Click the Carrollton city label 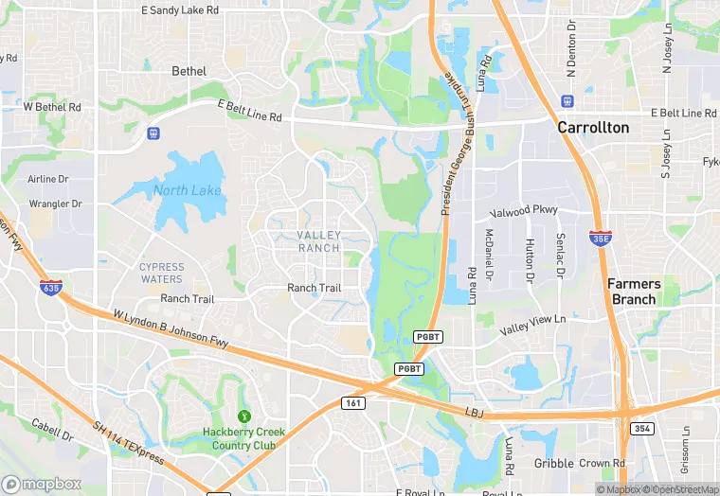click(592, 127)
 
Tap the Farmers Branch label click(633, 292)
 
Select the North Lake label click(187, 191)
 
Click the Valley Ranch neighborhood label click(318, 241)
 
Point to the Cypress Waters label click(161, 273)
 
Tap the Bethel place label click(189, 71)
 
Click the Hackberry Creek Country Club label click(244, 438)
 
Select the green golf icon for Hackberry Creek click(244, 416)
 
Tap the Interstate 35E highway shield click(600, 237)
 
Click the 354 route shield click(643, 429)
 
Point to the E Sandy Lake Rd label click(180, 10)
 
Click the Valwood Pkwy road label click(523, 211)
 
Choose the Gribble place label click(553, 464)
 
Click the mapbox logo click(43, 484)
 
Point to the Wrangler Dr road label click(55, 204)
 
